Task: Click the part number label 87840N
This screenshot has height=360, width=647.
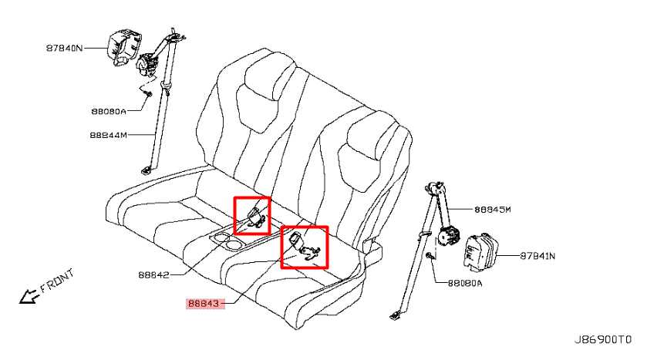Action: point(64,48)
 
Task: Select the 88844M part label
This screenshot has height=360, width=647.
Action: point(109,135)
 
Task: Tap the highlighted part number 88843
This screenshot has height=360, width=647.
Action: point(204,304)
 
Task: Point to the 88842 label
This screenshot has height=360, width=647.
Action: point(153,274)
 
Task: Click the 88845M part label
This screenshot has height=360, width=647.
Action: point(493,210)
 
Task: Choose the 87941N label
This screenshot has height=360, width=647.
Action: point(537,256)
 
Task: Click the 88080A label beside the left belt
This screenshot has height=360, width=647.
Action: point(109,111)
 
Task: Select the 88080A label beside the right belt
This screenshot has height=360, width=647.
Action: point(465,284)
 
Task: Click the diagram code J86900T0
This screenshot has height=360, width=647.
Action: point(603,339)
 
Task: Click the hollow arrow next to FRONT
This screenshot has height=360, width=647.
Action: point(29,295)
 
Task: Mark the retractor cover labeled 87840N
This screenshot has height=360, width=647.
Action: point(123,47)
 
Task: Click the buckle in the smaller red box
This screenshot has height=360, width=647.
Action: point(256,217)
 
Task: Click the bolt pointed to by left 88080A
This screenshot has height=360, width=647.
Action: point(149,96)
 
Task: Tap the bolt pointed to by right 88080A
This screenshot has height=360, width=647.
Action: point(430,256)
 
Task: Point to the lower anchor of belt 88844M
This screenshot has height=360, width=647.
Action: point(146,170)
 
